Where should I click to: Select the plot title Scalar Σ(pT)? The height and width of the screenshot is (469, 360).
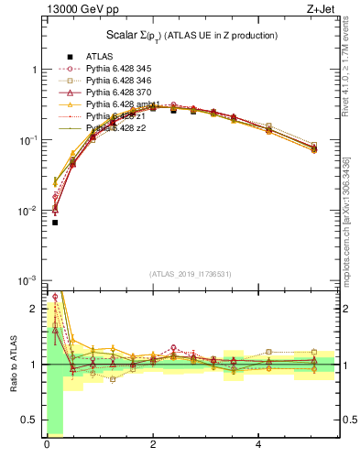(x=190, y=35)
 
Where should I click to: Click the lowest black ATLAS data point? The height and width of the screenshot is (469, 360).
(x=55, y=223)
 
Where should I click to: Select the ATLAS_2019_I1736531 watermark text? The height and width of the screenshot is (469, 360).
(x=191, y=273)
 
